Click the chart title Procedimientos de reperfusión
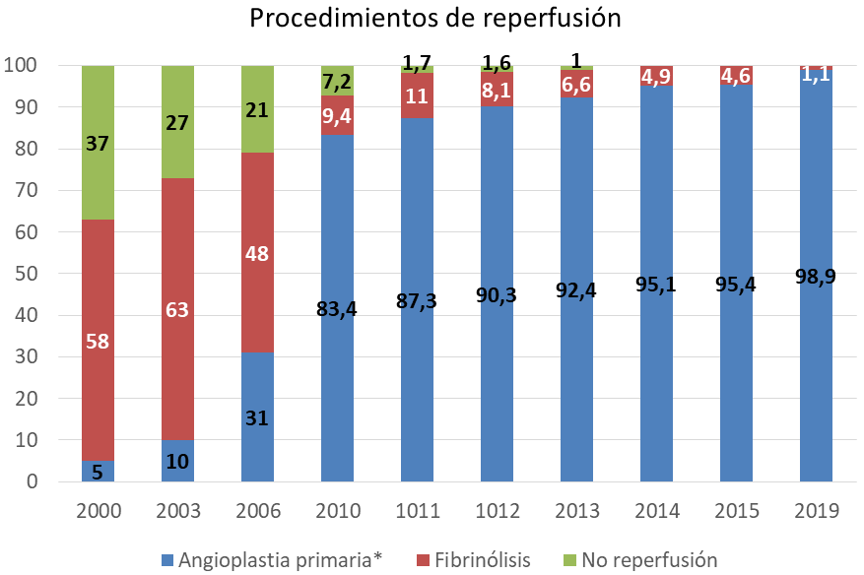[x=434, y=19]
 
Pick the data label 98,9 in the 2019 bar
[x=815, y=277]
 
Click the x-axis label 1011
[x=417, y=511]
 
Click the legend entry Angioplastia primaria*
[x=271, y=560]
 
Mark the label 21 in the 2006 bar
[x=257, y=110]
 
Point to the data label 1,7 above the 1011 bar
[x=417, y=64]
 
